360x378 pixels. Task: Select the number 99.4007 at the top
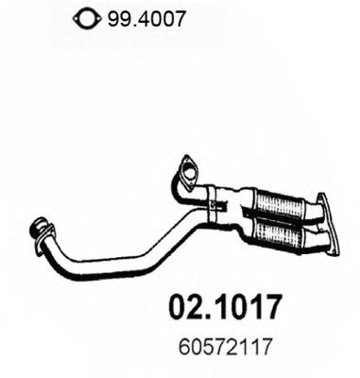[131, 16]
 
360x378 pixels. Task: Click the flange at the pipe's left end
[41, 230]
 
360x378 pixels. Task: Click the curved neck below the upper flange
[196, 192]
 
